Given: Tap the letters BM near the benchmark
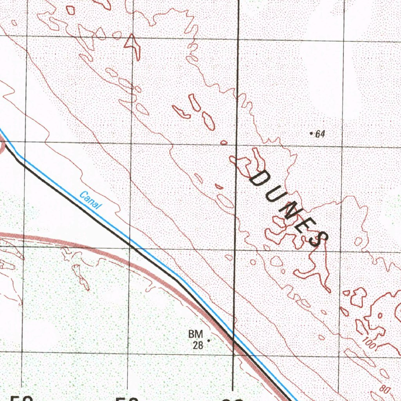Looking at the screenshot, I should pyautogui.click(x=195, y=334).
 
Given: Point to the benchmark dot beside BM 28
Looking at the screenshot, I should pyautogui.click(x=208, y=341).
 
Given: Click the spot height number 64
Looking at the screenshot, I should pyautogui.click(x=320, y=134).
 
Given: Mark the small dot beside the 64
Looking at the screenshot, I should pyautogui.click(x=311, y=134).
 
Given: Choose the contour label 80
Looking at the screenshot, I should pyautogui.click(x=384, y=390).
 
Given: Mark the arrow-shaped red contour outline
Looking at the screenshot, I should pyautogui.click(x=132, y=44).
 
